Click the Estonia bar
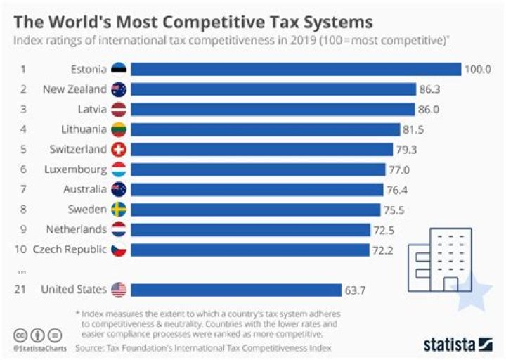click(x=295, y=69)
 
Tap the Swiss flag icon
click(x=118, y=149)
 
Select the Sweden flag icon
click(x=118, y=209)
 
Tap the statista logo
click(x=458, y=344)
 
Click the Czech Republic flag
click(x=118, y=249)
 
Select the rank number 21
click(x=22, y=289)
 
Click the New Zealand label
click(x=74, y=89)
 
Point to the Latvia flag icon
click(x=118, y=109)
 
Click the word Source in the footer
click(x=89, y=347)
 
